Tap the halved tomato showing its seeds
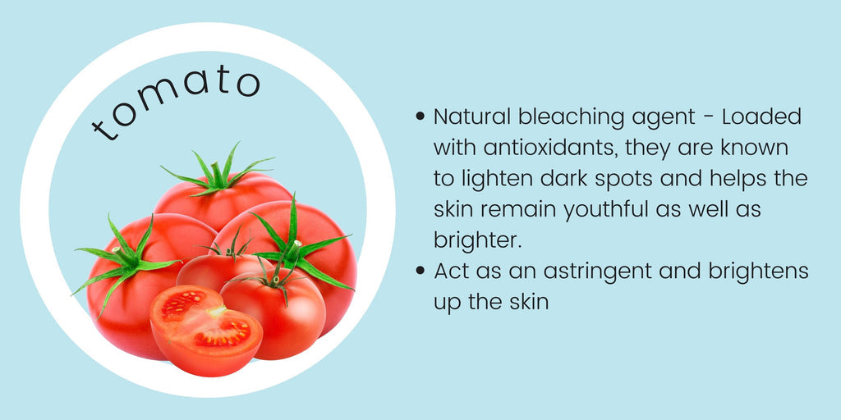point(206,330)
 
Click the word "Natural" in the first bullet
point(466,116)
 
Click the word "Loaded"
point(761,116)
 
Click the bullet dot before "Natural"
point(420,116)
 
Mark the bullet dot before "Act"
point(420,271)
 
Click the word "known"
point(756,148)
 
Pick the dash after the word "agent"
point(709,118)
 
